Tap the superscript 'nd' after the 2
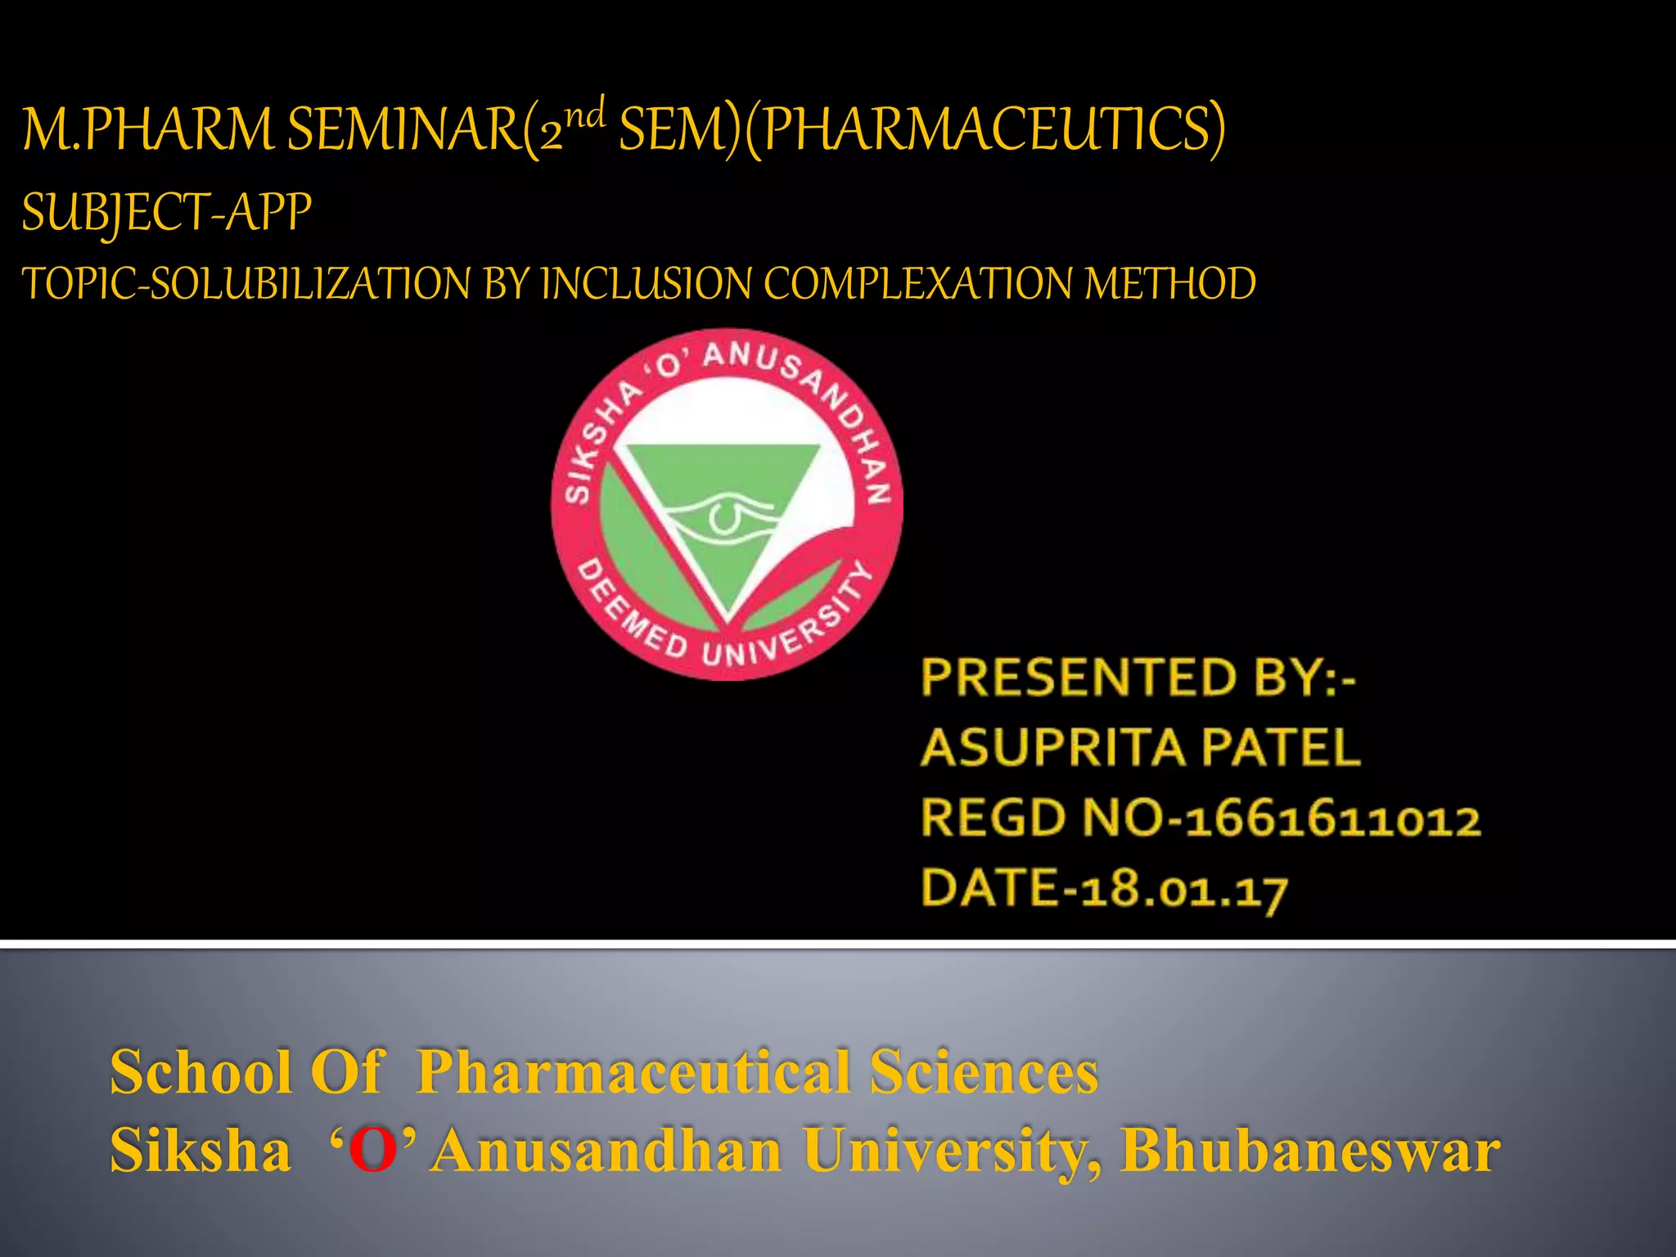click(x=586, y=114)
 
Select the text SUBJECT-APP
click(x=166, y=213)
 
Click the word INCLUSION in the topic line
click(x=646, y=284)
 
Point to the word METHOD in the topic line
click(x=1170, y=284)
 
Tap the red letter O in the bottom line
click(x=373, y=1151)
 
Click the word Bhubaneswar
click(x=1310, y=1151)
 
